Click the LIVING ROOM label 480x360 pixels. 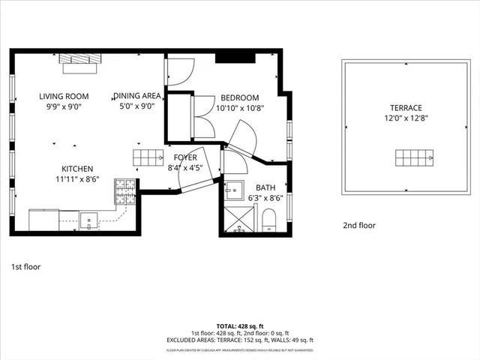pyautogui.click(x=64, y=96)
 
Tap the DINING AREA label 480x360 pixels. pyautogui.click(x=138, y=96)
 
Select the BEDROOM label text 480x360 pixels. pyautogui.click(x=239, y=97)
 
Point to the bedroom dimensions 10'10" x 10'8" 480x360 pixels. pyautogui.click(x=239, y=107)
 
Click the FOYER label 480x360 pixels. pyautogui.click(x=185, y=158)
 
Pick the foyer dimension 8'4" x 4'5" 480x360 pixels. pyautogui.click(x=184, y=168)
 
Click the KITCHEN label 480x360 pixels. pyautogui.click(x=77, y=169)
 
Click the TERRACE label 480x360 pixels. pyautogui.click(x=405, y=108)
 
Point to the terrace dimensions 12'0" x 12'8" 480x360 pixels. pyautogui.click(x=405, y=118)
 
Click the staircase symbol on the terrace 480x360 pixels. pyautogui.click(x=415, y=158)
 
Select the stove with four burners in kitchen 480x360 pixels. pyautogui.click(x=125, y=191)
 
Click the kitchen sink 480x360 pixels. pyautogui.click(x=89, y=220)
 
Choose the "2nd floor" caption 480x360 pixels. pyautogui.click(x=359, y=225)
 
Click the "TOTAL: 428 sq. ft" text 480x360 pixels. pyautogui.click(x=239, y=327)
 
